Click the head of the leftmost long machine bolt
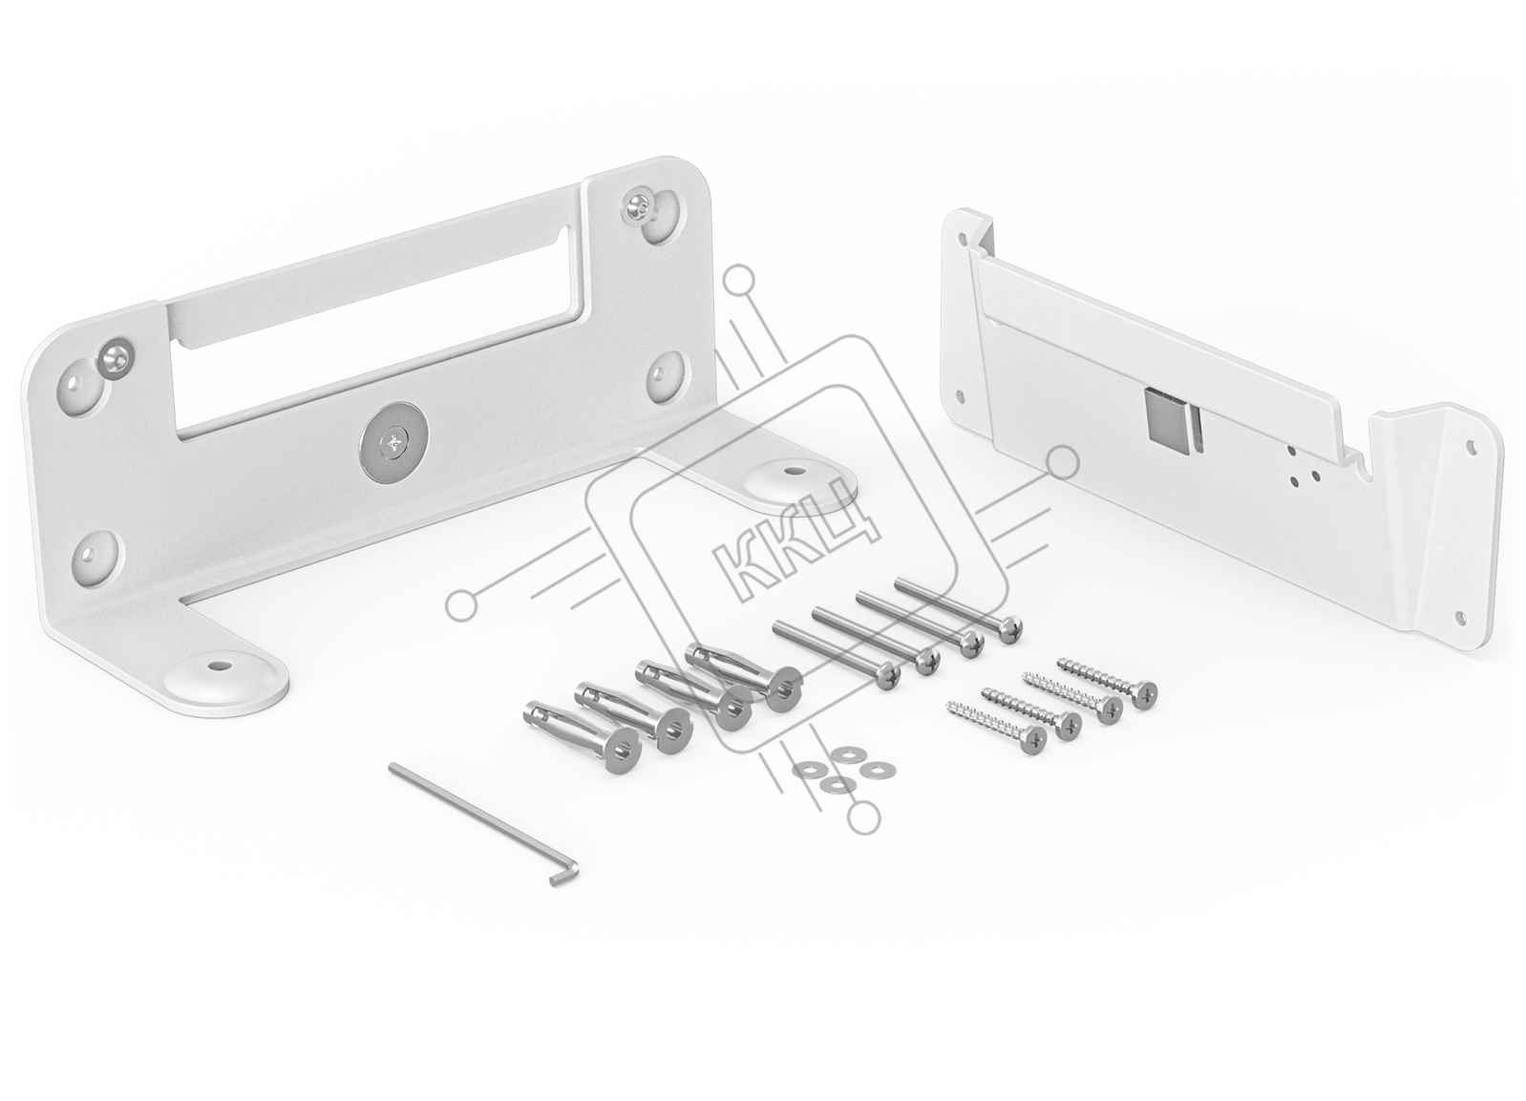tap(886, 677)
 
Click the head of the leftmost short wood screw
tap(1033, 738)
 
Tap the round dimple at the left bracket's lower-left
tap(96, 553)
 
